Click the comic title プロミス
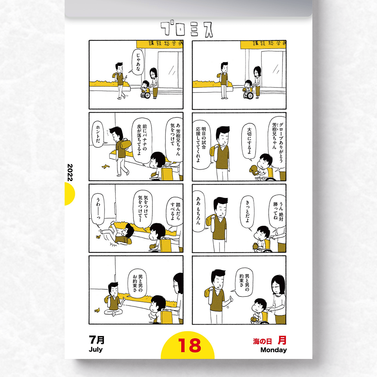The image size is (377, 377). click(x=187, y=29)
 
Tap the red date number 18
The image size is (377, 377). click(x=190, y=345)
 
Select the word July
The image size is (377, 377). click(x=96, y=350)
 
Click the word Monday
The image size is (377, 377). click(x=274, y=350)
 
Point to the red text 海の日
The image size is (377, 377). click(x=262, y=341)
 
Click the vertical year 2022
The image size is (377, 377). click(x=70, y=172)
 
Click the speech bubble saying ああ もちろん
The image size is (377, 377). click(x=199, y=211)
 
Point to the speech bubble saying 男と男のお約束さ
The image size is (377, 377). click(x=138, y=283)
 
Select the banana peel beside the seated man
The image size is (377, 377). click(x=97, y=310)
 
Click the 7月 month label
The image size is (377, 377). click(x=97, y=340)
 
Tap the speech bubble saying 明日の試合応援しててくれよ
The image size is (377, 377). click(x=201, y=144)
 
